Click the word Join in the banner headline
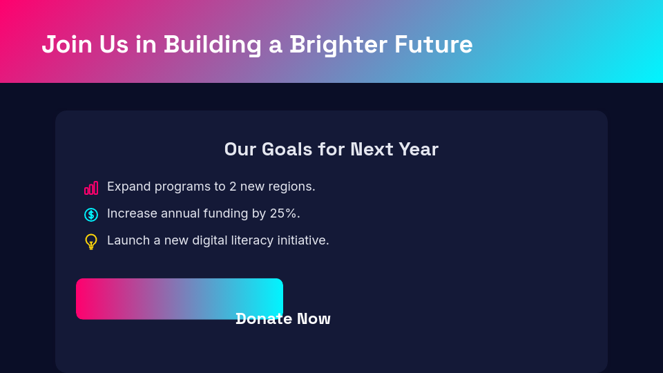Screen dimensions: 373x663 [66, 44]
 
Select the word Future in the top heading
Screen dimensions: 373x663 [433, 44]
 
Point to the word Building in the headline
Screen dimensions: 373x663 [213, 44]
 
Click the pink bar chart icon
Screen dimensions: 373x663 [91, 187]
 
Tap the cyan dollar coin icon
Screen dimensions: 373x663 [91, 214]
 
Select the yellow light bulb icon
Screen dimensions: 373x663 [91, 241]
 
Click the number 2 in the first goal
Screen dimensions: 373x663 [233, 186]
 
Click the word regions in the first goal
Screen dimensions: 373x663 [291, 186]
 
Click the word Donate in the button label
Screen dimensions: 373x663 [263, 318]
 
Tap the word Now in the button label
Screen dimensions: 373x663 [314, 318]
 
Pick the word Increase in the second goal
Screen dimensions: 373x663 [132, 213]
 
